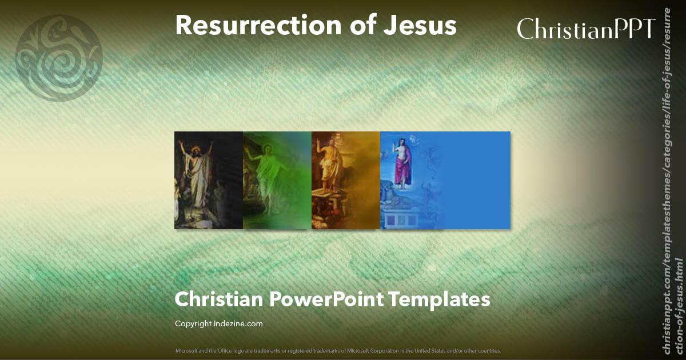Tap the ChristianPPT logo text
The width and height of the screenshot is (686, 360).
tap(585, 28)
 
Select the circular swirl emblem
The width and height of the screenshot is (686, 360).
tap(59, 58)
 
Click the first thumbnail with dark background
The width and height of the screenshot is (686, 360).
tap(209, 180)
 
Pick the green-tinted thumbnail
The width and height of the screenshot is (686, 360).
tap(277, 180)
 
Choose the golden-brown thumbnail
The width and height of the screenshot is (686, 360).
tap(346, 180)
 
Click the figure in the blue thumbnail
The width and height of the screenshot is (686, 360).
tap(404, 163)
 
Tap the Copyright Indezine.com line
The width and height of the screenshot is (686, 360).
tap(218, 323)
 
